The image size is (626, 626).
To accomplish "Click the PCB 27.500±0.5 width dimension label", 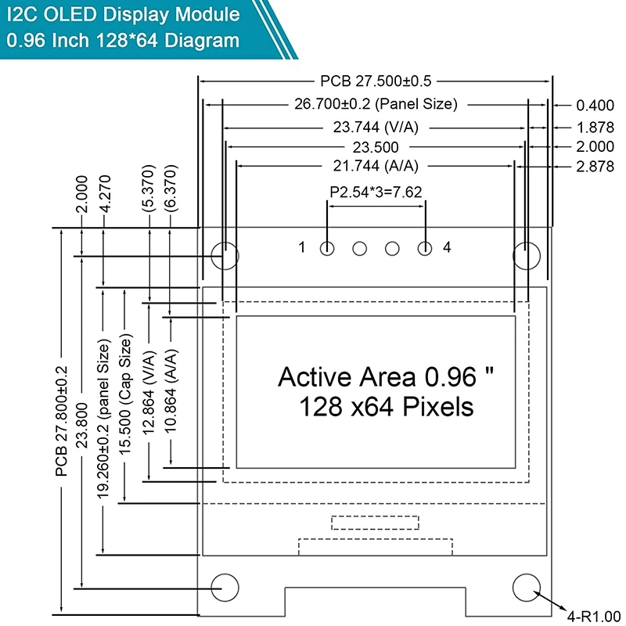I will pos(376,81).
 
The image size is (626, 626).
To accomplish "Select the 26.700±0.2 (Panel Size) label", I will pos(376,104).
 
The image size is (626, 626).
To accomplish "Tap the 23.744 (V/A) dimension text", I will pos(378,127).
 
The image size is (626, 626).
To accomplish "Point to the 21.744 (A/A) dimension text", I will pos(376,166).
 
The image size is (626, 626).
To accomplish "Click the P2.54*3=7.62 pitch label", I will pos(376,192).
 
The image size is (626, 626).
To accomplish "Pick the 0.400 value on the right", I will pos(595,105).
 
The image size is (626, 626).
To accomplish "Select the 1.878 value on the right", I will pos(595,127).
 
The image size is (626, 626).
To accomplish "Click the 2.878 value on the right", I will pos(595,166).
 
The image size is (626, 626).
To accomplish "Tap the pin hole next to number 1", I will pos(327,249).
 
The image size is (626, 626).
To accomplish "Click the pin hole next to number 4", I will pos(425,249).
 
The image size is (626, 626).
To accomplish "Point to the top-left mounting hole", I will pos(225,254).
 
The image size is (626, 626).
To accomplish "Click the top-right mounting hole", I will pos(526,254).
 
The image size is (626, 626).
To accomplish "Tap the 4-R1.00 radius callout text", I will pos(593,615).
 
